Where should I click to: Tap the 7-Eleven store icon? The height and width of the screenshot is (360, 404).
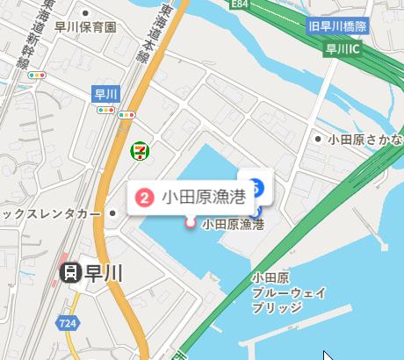tap(138, 150)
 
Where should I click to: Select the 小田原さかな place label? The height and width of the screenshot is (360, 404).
tap(365, 139)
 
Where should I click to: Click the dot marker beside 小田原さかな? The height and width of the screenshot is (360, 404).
tap(318, 139)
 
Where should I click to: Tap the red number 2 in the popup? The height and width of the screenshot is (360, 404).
tap(147, 198)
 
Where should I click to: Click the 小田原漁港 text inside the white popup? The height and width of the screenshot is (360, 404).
tap(201, 198)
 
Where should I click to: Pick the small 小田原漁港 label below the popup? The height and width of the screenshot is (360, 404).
tap(233, 225)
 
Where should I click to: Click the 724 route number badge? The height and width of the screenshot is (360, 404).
tap(66, 324)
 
